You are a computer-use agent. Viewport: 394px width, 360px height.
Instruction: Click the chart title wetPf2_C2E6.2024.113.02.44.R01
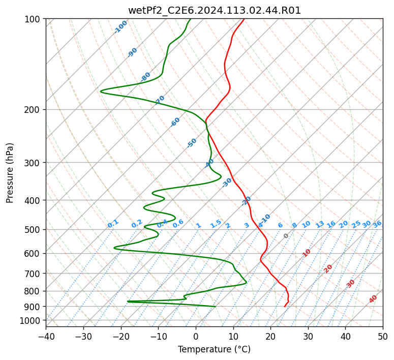(215, 11)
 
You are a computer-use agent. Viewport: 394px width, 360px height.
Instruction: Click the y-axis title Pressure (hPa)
(10, 173)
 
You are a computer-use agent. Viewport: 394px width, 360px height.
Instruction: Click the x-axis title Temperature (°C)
(215, 349)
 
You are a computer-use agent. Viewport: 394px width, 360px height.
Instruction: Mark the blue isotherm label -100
(120, 27)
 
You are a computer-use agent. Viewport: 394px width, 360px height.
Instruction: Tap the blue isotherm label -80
(145, 76)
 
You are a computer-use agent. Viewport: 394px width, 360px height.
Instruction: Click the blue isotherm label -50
(192, 143)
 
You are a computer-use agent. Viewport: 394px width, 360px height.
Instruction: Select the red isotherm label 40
(373, 299)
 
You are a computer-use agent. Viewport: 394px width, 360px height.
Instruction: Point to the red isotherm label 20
(328, 269)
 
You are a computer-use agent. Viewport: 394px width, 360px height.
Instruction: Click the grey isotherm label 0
(286, 236)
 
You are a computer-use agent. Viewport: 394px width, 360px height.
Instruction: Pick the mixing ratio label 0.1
(113, 224)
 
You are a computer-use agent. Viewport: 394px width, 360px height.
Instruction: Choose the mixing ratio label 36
(377, 224)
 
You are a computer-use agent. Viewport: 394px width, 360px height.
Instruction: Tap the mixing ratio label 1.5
(216, 224)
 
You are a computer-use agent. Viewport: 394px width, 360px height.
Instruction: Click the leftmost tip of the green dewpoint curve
(101, 91)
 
